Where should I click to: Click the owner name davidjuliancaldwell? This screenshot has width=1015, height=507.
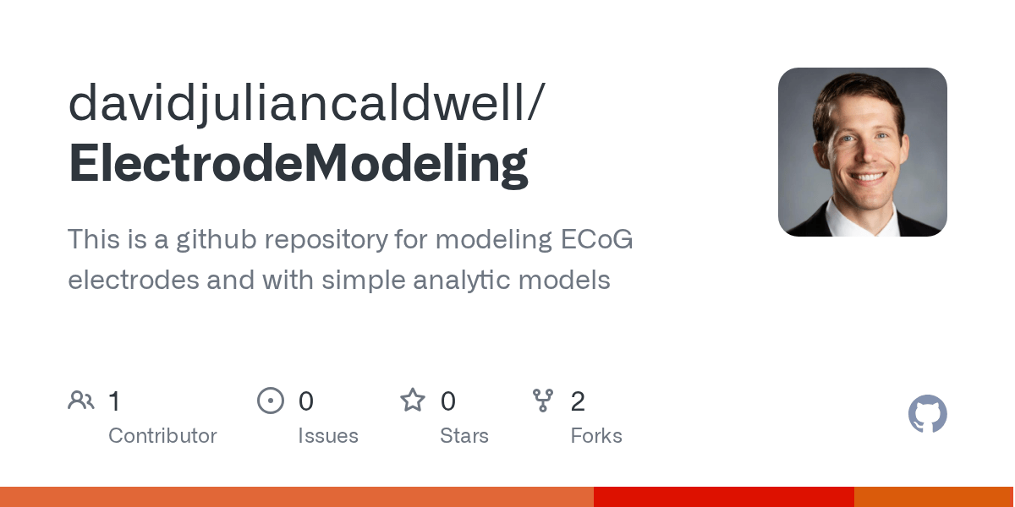[x=296, y=103]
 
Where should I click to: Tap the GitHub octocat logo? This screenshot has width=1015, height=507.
[x=927, y=414]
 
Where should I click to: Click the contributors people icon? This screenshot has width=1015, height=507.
[x=81, y=401]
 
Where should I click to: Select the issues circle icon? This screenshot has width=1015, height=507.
[x=271, y=401]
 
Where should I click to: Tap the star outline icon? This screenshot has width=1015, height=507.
[x=413, y=401]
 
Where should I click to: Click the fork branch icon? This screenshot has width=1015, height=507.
[x=543, y=401]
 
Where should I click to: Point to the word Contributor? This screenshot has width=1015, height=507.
[x=162, y=436]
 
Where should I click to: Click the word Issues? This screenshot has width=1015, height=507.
[x=328, y=436]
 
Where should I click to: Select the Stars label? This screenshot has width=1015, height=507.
[x=464, y=436]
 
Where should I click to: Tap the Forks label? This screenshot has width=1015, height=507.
[x=596, y=436]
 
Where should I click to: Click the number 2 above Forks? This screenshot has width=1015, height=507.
[x=578, y=401]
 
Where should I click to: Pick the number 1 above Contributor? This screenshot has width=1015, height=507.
[x=115, y=401]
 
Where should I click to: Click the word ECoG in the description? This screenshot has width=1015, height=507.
[x=597, y=240]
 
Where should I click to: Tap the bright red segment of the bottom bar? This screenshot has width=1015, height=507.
[x=723, y=497]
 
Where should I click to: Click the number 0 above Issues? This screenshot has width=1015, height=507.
[x=306, y=401]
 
